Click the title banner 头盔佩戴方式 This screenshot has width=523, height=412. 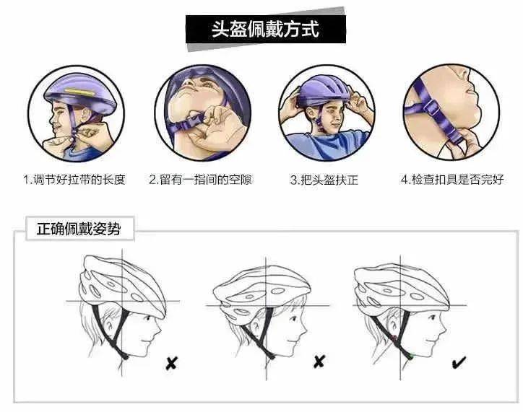(x=265, y=30)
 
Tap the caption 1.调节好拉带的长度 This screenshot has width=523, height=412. (x=74, y=180)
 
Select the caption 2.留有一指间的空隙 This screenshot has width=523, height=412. (x=200, y=180)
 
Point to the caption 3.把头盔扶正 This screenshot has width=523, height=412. (x=324, y=180)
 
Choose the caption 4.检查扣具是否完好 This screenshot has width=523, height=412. (x=452, y=180)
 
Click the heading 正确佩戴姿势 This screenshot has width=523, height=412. (x=79, y=229)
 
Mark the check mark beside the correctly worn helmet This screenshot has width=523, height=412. (x=459, y=362)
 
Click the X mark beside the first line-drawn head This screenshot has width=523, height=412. (x=171, y=363)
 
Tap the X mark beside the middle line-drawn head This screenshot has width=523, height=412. (x=319, y=361)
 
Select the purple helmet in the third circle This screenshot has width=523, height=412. (x=324, y=90)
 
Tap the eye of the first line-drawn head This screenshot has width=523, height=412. (x=148, y=319)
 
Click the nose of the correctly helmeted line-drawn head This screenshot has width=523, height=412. (x=444, y=330)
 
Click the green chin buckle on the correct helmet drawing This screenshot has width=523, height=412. (x=410, y=357)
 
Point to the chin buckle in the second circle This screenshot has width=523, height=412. (x=194, y=120)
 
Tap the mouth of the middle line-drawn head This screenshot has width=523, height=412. (x=290, y=342)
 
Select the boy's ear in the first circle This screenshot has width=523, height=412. (x=83, y=115)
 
